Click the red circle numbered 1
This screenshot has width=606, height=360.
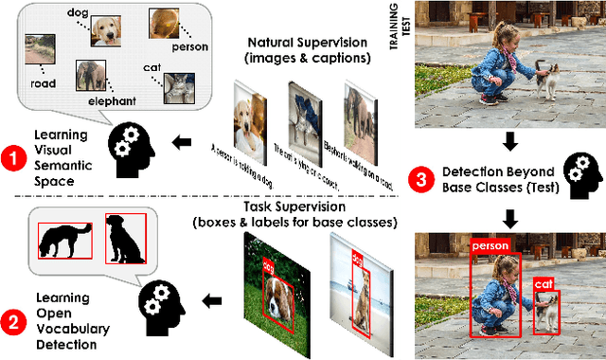13,158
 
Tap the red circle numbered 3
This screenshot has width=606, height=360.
423,177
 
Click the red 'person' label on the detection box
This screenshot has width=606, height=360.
491,246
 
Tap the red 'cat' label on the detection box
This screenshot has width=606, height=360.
543,283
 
